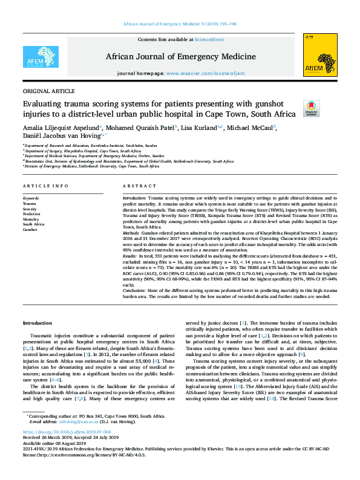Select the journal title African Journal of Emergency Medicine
coord(180,57)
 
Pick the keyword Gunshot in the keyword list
coord(30,230)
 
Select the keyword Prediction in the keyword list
coord(31,213)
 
